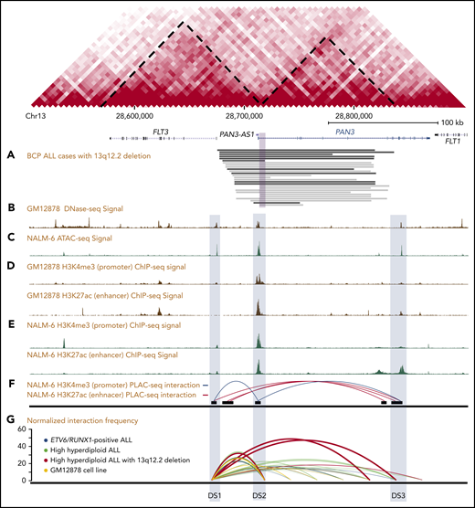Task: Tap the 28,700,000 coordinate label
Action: (248, 117)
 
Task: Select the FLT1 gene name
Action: (453, 143)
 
